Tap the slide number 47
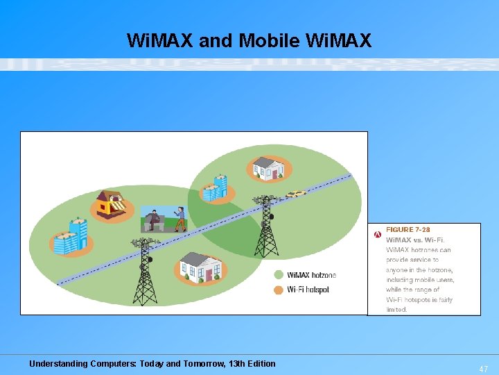483,369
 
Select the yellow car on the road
296,194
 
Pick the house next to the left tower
199,267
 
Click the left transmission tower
145,271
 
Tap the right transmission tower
266,226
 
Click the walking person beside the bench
180,218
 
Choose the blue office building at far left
71,237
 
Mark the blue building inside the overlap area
215,187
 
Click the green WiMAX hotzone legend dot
279,275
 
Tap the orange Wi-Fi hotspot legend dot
279,289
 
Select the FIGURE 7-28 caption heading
408,230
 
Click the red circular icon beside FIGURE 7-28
377,234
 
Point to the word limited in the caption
396,309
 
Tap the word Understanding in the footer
58,363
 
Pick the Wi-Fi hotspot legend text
308,289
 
